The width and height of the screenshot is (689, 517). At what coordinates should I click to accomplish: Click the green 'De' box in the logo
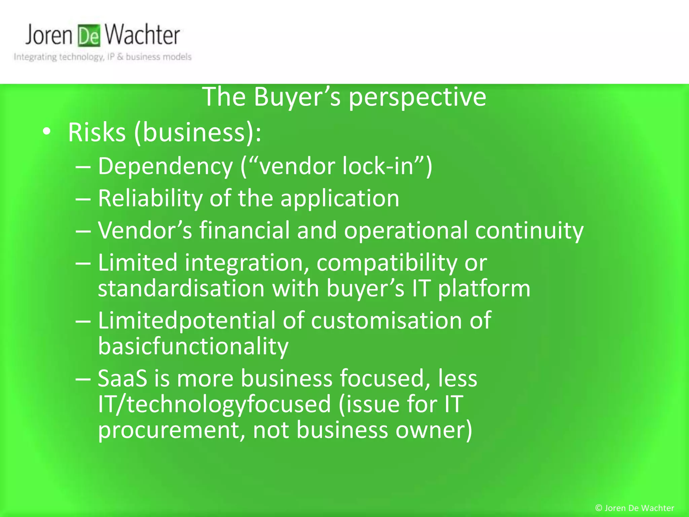pyautogui.click(x=89, y=36)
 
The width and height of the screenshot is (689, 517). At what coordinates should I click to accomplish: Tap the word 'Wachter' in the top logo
pyautogui.click(x=142, y=35)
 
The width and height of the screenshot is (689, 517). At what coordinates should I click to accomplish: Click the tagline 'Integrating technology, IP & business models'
pyautogui.click(x=103, y=57)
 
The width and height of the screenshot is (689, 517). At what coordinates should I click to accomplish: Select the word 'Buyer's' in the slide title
pyautogui.click(x=297, y=97)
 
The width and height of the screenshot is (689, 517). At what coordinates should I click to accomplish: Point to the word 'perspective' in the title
pyautogui.click(x=417, y=98)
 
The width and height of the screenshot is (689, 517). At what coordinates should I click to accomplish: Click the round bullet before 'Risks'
pyautogui.click(x=47, y=132)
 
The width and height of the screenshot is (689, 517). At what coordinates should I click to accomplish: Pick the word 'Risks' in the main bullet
pyautogui.click(x=97, y=132)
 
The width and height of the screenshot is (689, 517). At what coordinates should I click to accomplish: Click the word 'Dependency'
pyautogui.click(x=165, y=167)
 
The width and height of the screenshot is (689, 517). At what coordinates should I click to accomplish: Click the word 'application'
pyautogui.click(x=340, y=199)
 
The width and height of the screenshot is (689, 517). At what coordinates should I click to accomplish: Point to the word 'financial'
pyautogui.click(x=245, y=231)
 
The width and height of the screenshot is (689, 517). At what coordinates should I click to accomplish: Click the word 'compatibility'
pyautogui.click(x=387, y=263)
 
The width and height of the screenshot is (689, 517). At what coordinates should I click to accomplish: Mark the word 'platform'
pyautogui.click(x=484, y=289)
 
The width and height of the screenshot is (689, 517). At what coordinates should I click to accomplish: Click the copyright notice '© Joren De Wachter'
pyautogui.click(x=634, y=508)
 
